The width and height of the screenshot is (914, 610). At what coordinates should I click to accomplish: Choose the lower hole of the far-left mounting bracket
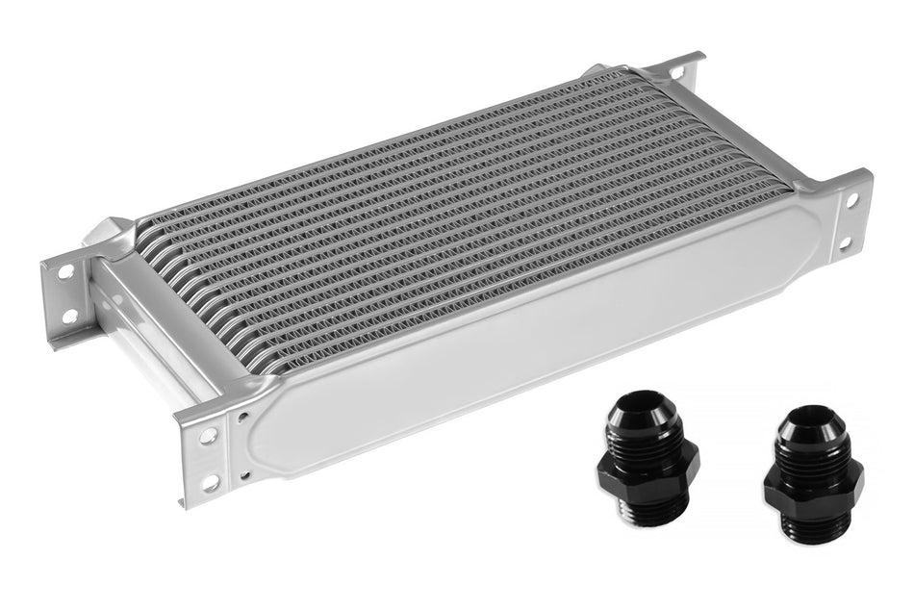pyautogui.click(x=68, y=316)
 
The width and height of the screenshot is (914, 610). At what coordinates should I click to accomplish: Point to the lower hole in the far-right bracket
pyautogui.click(x=844, y=243)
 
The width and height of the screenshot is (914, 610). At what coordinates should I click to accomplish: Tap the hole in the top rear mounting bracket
pyautogui.click(x=679, y=73)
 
